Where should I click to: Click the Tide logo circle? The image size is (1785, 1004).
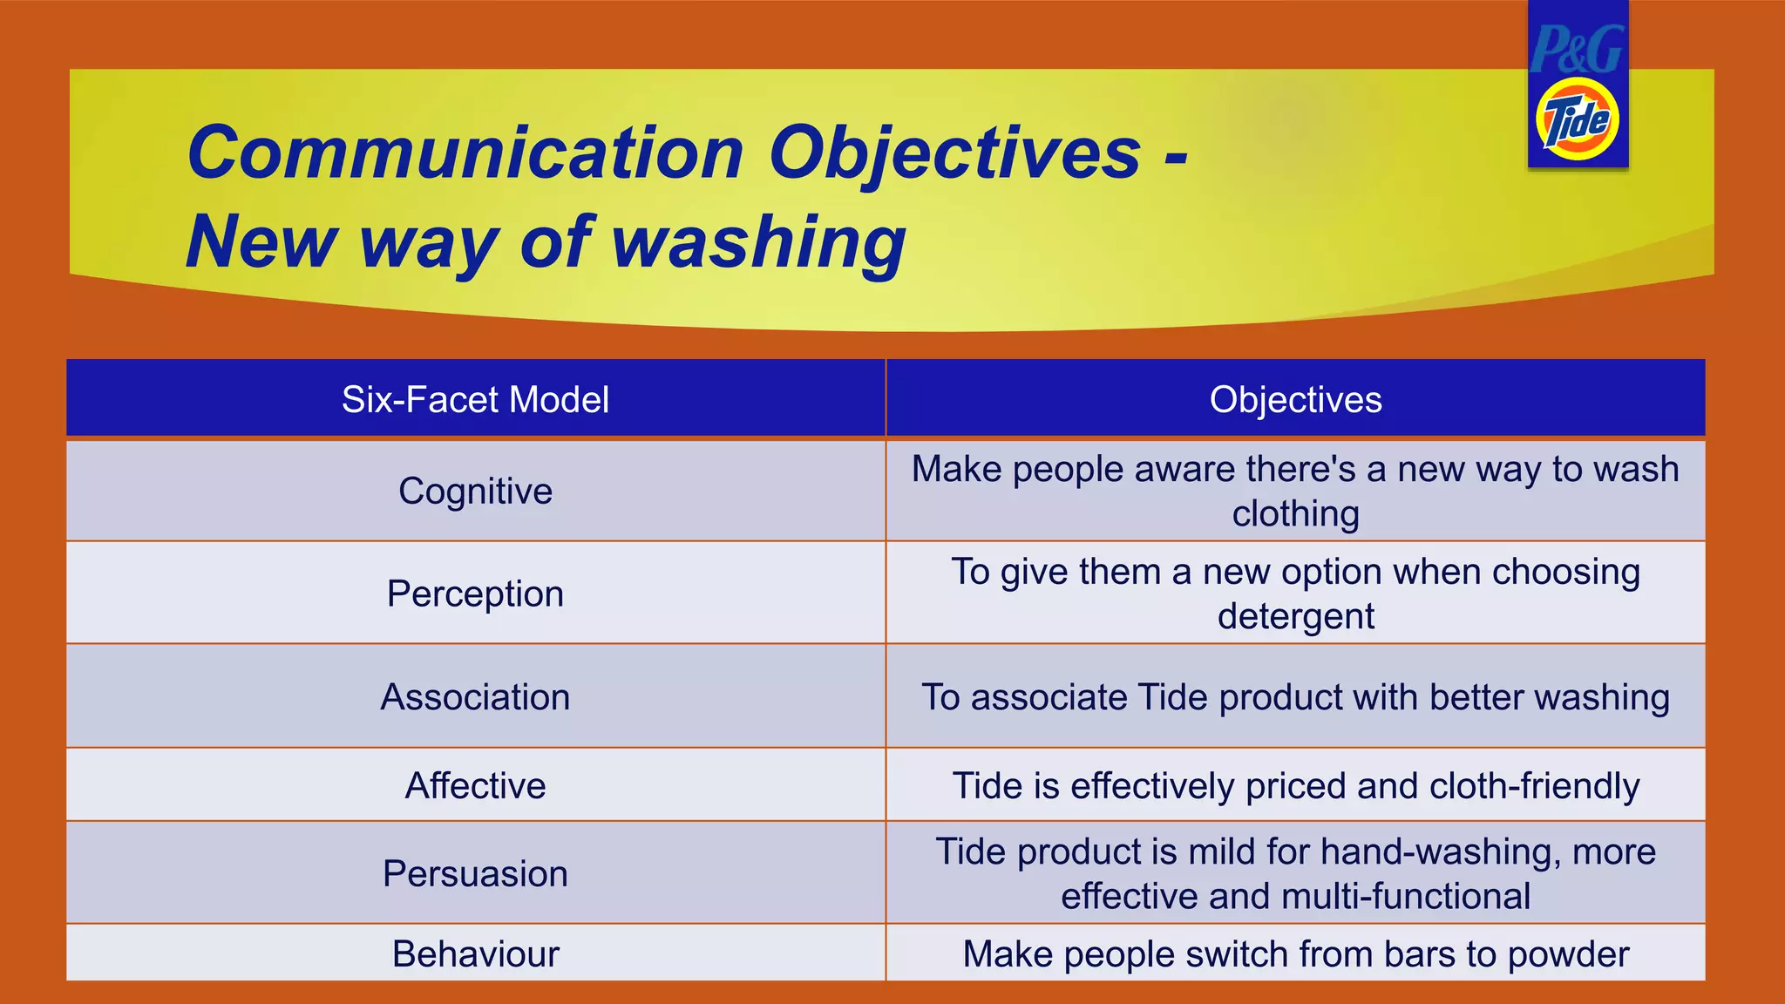tap(1577, 119)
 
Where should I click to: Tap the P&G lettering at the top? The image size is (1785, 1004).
tap(1577, 49)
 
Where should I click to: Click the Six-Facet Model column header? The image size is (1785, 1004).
tap(475, 400)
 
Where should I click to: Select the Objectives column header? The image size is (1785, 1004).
tap(1295, 400)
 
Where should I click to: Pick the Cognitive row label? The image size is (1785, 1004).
tap(475, 492)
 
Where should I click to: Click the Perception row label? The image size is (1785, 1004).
tap(475, 594)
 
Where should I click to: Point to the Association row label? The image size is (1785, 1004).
tap(475, 697)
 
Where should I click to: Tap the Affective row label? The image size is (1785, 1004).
tap(475, 786)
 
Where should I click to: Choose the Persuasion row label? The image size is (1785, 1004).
tap(475, 874)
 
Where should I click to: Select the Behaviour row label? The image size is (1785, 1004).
tap(475, 954)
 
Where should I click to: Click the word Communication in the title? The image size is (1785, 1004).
tap(465, 153)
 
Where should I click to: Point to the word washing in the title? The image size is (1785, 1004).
tap(758, 242)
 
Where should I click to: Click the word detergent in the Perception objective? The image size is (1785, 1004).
tap(1295, 617)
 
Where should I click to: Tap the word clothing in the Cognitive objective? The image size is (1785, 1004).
tap(1295, 514)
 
